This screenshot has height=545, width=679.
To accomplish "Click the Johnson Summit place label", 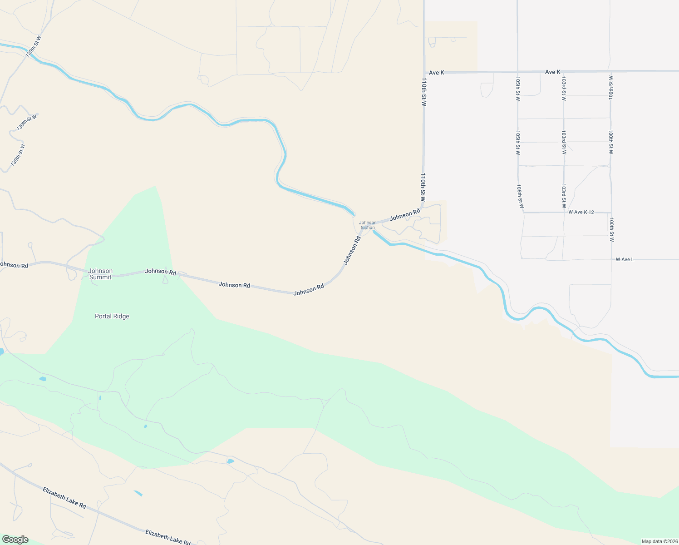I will click(x=100, y=274).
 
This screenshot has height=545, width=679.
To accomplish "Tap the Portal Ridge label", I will click(x=112, y=317).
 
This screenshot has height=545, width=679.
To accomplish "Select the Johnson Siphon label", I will click(x=368, y=225).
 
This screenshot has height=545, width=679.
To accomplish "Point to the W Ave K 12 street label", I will click(x=581, y=212).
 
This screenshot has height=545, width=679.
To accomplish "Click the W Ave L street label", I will click(x=625, y=259).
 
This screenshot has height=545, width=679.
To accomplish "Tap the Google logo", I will click(x=15, y=540).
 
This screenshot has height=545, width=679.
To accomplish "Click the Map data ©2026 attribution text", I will click(x=659, y=541).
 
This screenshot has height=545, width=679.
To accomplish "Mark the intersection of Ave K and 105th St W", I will click(x=517, y=72).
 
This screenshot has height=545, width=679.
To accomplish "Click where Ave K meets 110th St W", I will click(x=424, y=72).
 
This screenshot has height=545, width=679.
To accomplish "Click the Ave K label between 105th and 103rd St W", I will click(x=552, y=72).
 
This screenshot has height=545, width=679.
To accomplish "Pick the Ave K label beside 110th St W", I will click(x=437, y=72).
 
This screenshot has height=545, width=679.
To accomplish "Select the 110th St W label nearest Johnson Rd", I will click(x=423, y=187).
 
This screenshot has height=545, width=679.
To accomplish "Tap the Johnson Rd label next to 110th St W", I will click(x=405, y=215).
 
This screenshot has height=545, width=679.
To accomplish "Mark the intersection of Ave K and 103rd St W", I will click(x=563, y=72).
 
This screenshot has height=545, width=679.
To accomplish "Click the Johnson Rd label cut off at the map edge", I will click(x=14, y=265).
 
